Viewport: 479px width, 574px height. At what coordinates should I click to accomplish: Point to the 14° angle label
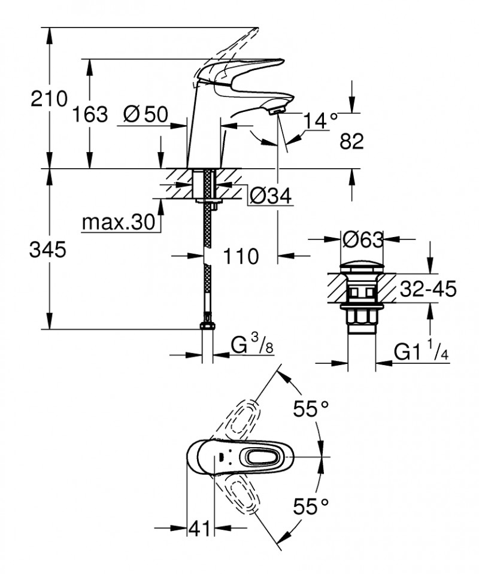(x=321, y=121)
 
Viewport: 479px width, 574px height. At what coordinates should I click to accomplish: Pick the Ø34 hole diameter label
(x=270, y=196)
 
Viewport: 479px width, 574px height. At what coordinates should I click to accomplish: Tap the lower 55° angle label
(x=311, y=508)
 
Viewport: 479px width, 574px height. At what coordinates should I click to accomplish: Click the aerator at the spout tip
(x=276, y=110)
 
